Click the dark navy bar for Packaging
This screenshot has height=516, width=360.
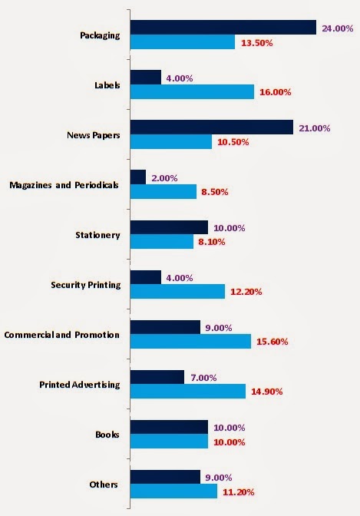pyautogui.click(x=223, y=28)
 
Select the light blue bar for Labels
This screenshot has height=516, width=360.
pyautogui.click(x=192, y=92)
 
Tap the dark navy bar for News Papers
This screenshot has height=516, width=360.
pyautogui.click(x=212, y=127)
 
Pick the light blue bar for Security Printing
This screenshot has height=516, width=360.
pyautogui.click(x=177, y=292)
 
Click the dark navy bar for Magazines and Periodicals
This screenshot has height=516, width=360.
pyautogui.click(x=138, y=177)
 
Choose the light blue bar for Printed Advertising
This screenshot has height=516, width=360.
pyautogui.click(x=188, y=392)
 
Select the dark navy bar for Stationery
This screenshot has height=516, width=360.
pyautogui.click(x=169, y=227)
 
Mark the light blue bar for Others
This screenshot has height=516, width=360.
pyautogui.click(x=173, y=491)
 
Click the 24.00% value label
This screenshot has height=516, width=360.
pyautogui.click(x=338, y=28)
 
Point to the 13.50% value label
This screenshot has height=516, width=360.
pyautogui.click(x=257, y=43)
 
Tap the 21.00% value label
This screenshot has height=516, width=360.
pyautogui.click(x=315, y=128)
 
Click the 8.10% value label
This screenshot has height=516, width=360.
pyautogui.click(x=212, y=242)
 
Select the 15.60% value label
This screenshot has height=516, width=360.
pyautogui.click(x=272, y=342)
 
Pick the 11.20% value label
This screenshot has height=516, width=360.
pyautogui.click(x=239, y=492)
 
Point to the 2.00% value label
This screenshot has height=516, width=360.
pyautogui.click(x=164, y=178)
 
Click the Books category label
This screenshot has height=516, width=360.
pyautogui.click(x=107, y=435)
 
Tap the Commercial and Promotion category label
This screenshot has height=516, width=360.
pyautogui.click(x=62, y=335)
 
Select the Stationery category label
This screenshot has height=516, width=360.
pyautogui.click(x=97, y=235)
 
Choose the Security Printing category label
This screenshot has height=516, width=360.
pyautogui.click(x=86, y=285)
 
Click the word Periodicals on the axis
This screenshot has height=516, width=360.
pyautogui.click(x=97, y=185)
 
